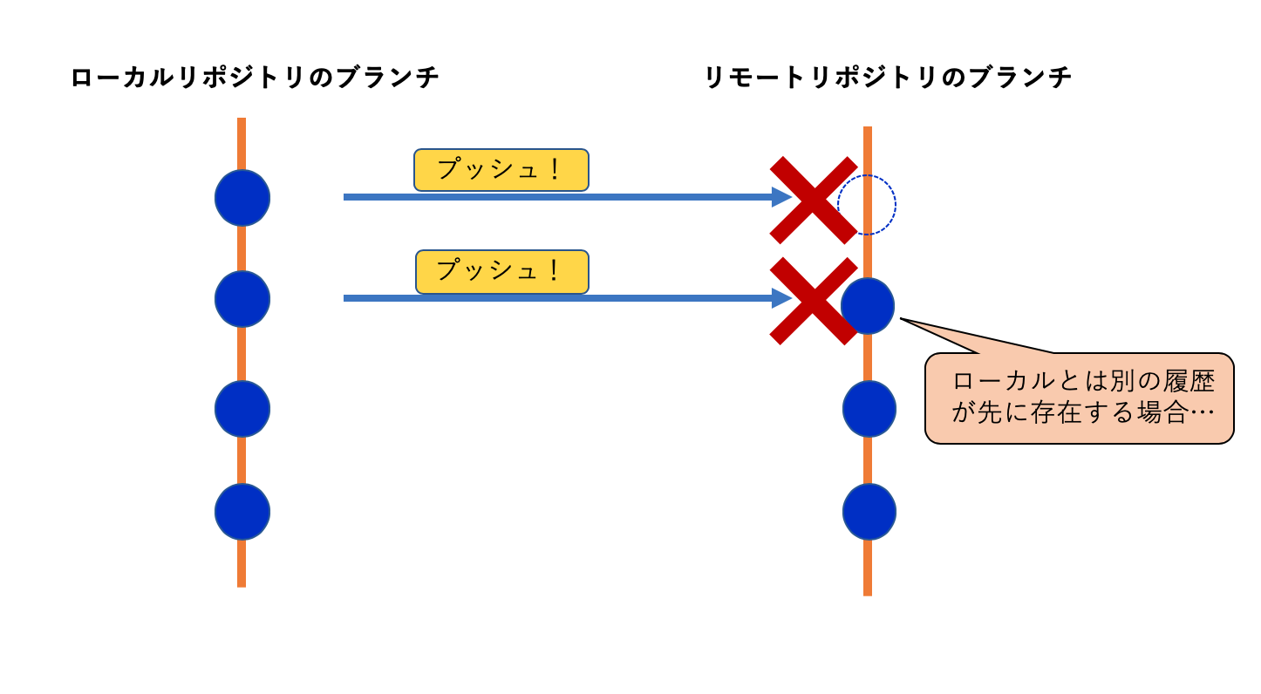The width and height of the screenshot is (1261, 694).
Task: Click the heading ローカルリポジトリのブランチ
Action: [x=255, y=78]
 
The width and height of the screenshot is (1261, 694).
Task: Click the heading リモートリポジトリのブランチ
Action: [x=888, y=78]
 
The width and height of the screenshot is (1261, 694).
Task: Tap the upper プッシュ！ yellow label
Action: [x=501, y=170]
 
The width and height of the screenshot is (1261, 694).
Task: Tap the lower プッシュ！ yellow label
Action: [x=502, y=271]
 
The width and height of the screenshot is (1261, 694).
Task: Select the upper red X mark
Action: [x=813, y=200]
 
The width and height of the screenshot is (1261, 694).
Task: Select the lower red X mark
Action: [x=813, y=301]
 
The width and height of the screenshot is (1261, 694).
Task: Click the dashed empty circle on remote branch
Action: [x=867, y=205]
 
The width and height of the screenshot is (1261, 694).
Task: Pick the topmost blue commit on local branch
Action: [x=242, y=198]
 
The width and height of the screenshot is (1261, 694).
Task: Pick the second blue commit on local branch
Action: [x=242, y=299]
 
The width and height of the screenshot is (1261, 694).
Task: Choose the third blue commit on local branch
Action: [x=242, y=409]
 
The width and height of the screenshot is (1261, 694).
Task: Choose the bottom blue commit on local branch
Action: [x=242, y=512]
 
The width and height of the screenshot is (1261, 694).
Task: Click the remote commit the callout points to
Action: [x=869, y=306]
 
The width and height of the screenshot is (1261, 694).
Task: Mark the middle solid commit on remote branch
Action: [x=869, y=409]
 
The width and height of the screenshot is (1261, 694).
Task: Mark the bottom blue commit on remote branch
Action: [x=869, y=512]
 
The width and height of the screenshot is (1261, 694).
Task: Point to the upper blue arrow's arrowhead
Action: [x=782, y=197]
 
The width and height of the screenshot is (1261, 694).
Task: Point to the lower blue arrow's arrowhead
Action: [x=782, y=298]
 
